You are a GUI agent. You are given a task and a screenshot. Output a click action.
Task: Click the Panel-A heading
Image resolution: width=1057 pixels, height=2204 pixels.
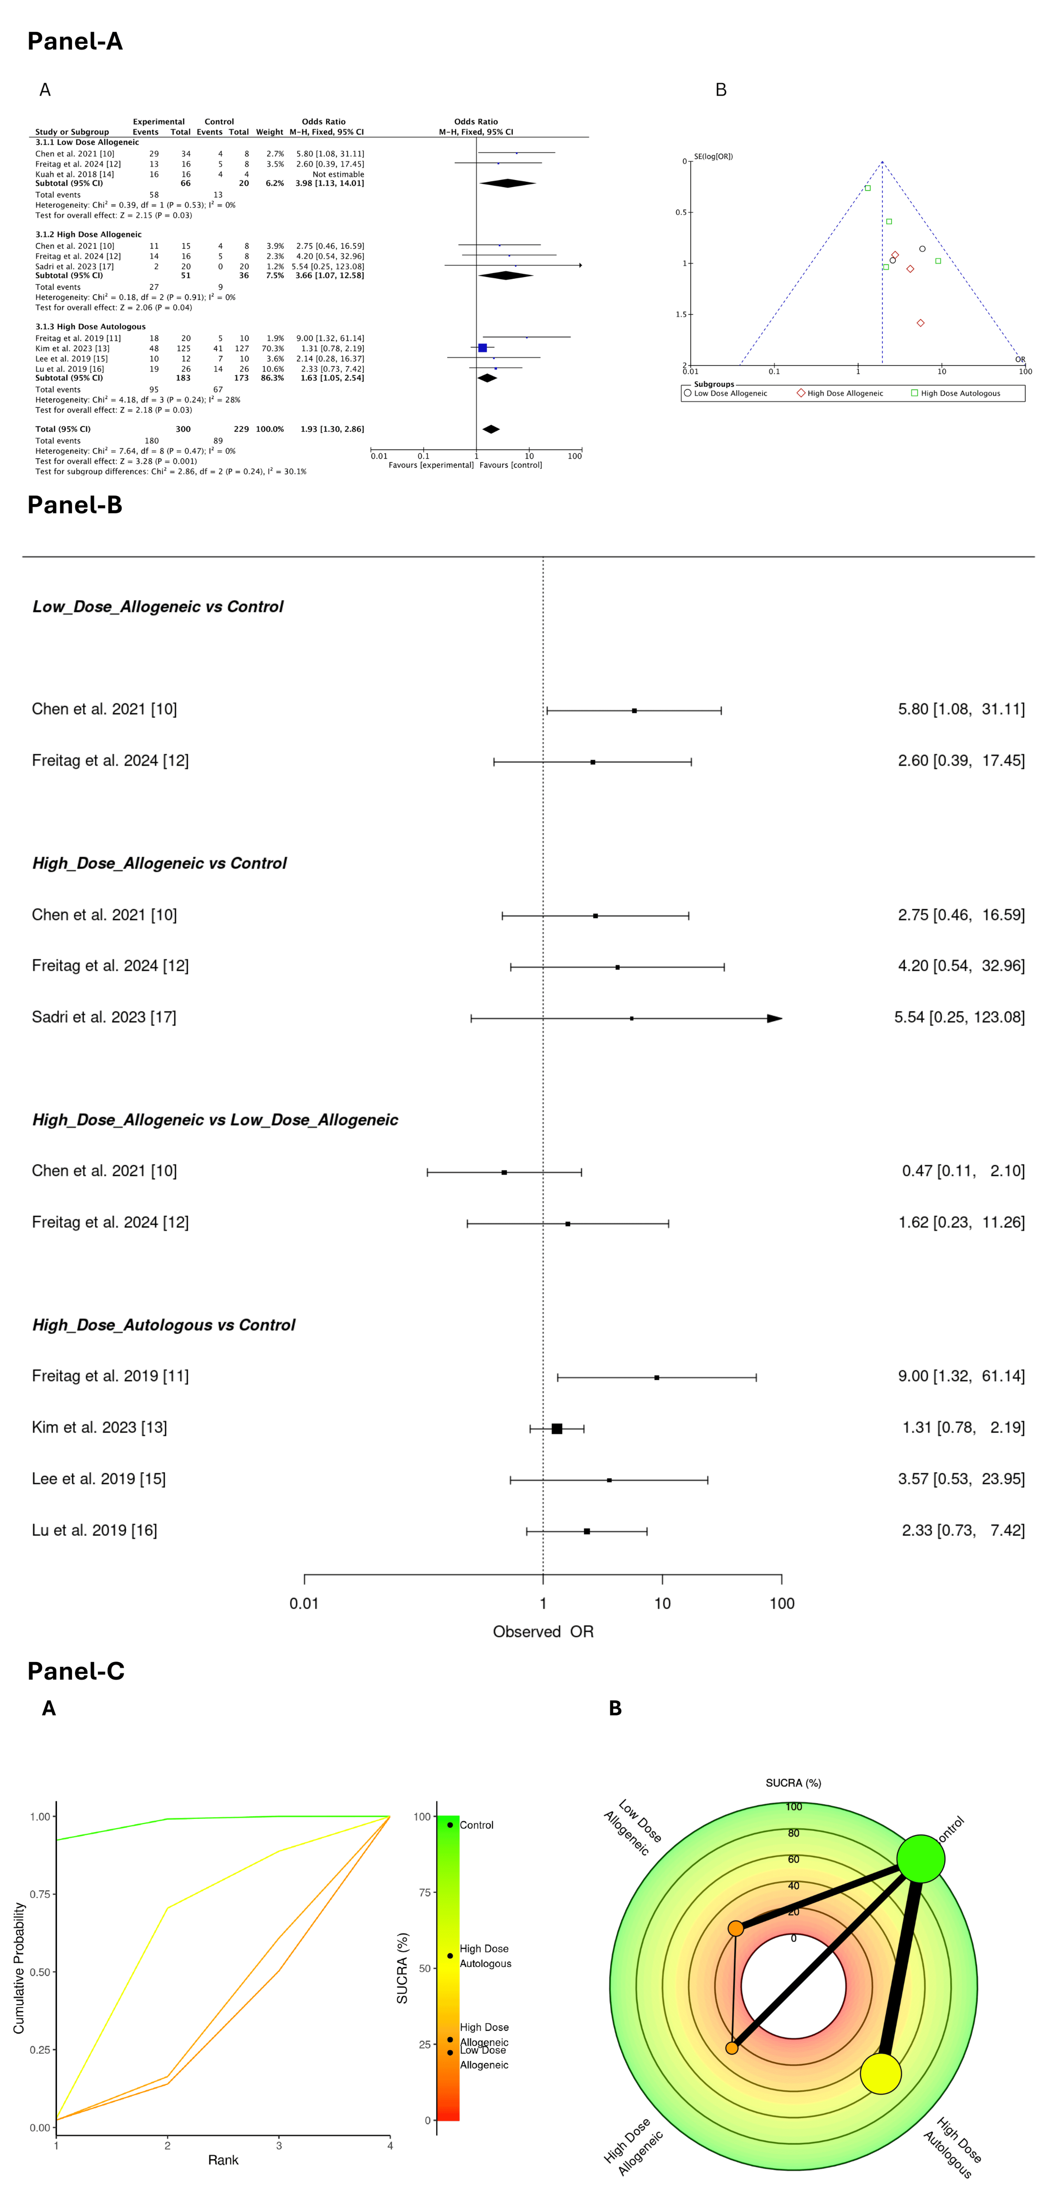(75, 41)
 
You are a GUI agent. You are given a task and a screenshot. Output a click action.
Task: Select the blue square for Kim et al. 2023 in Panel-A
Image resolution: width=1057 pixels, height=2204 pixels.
(482, 348)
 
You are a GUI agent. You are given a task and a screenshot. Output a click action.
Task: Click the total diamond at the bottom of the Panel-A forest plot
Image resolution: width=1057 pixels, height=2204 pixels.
(491, 429)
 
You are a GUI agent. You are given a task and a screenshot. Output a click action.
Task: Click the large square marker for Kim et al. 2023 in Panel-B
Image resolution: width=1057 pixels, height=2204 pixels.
(557, 1429)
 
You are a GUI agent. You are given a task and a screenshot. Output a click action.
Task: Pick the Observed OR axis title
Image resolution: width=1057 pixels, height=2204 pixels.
(543, 1632)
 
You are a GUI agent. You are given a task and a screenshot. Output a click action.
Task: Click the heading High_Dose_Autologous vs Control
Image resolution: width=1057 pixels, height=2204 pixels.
(163, 1325)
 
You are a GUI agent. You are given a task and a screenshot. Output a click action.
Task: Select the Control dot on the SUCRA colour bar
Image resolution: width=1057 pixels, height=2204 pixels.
(450, 1825)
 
